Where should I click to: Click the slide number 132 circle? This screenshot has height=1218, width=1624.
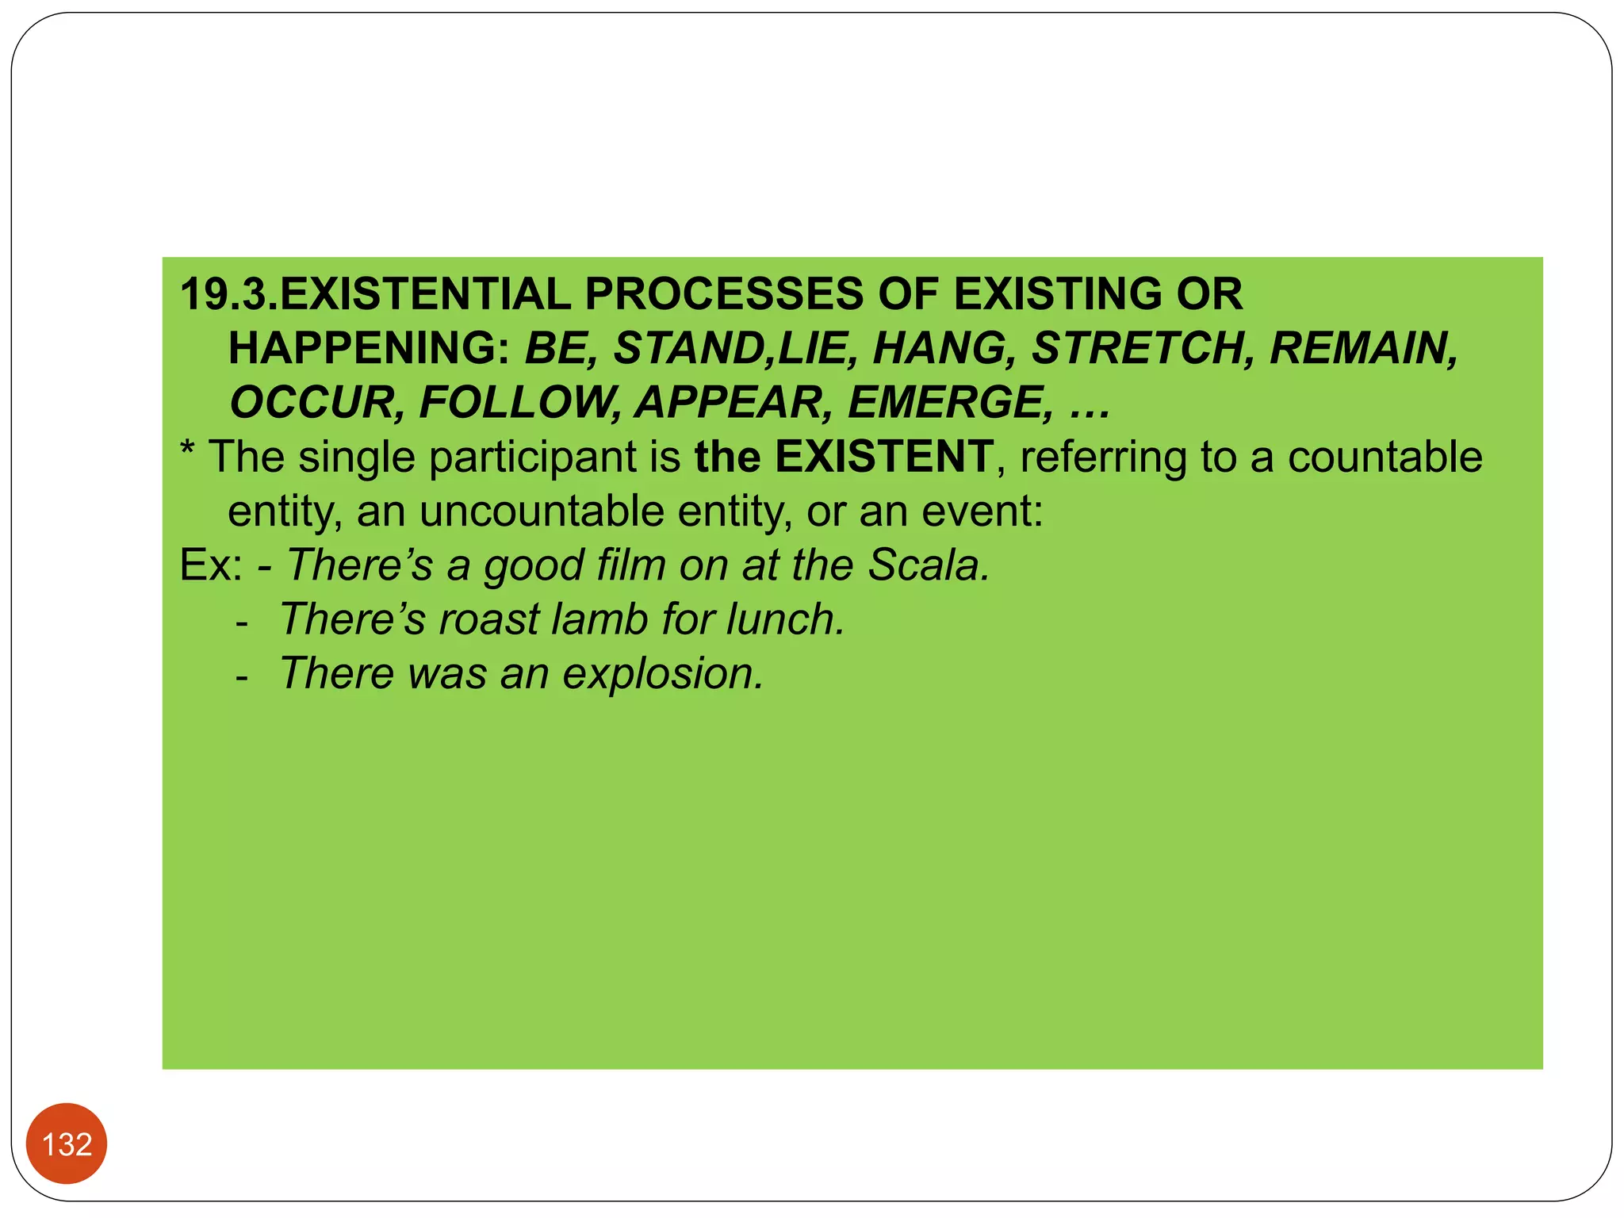point(67,1143)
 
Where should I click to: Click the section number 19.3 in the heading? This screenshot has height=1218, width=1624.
point(228,294)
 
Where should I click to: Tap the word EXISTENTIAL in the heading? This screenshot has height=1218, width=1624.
point(425,294)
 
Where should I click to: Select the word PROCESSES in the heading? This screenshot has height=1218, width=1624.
point(723,294)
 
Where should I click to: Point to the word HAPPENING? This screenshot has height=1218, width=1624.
point(369,348)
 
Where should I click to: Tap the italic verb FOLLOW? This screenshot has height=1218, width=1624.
point(519,402)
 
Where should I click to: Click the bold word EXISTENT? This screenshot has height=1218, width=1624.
point(883,457)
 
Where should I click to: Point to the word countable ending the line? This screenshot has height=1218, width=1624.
point(1385,457)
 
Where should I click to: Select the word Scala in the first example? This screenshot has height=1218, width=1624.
point(929,565)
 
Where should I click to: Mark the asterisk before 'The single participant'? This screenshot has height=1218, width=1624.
point(188,452)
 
